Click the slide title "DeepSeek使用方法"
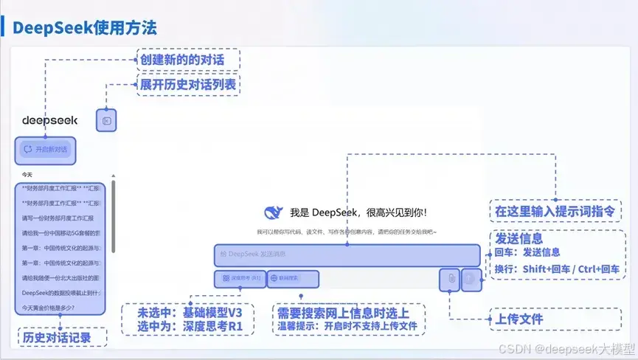pos(85,28)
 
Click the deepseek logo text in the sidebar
pos(45,120)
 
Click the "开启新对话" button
pos(46,149)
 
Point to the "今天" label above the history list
pos(27,175)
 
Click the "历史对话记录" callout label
pos(62,337)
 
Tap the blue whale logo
pos(273,212)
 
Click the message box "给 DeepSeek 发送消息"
pos(347,255)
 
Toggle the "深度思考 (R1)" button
pos(240,279)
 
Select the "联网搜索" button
pos(294,279)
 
